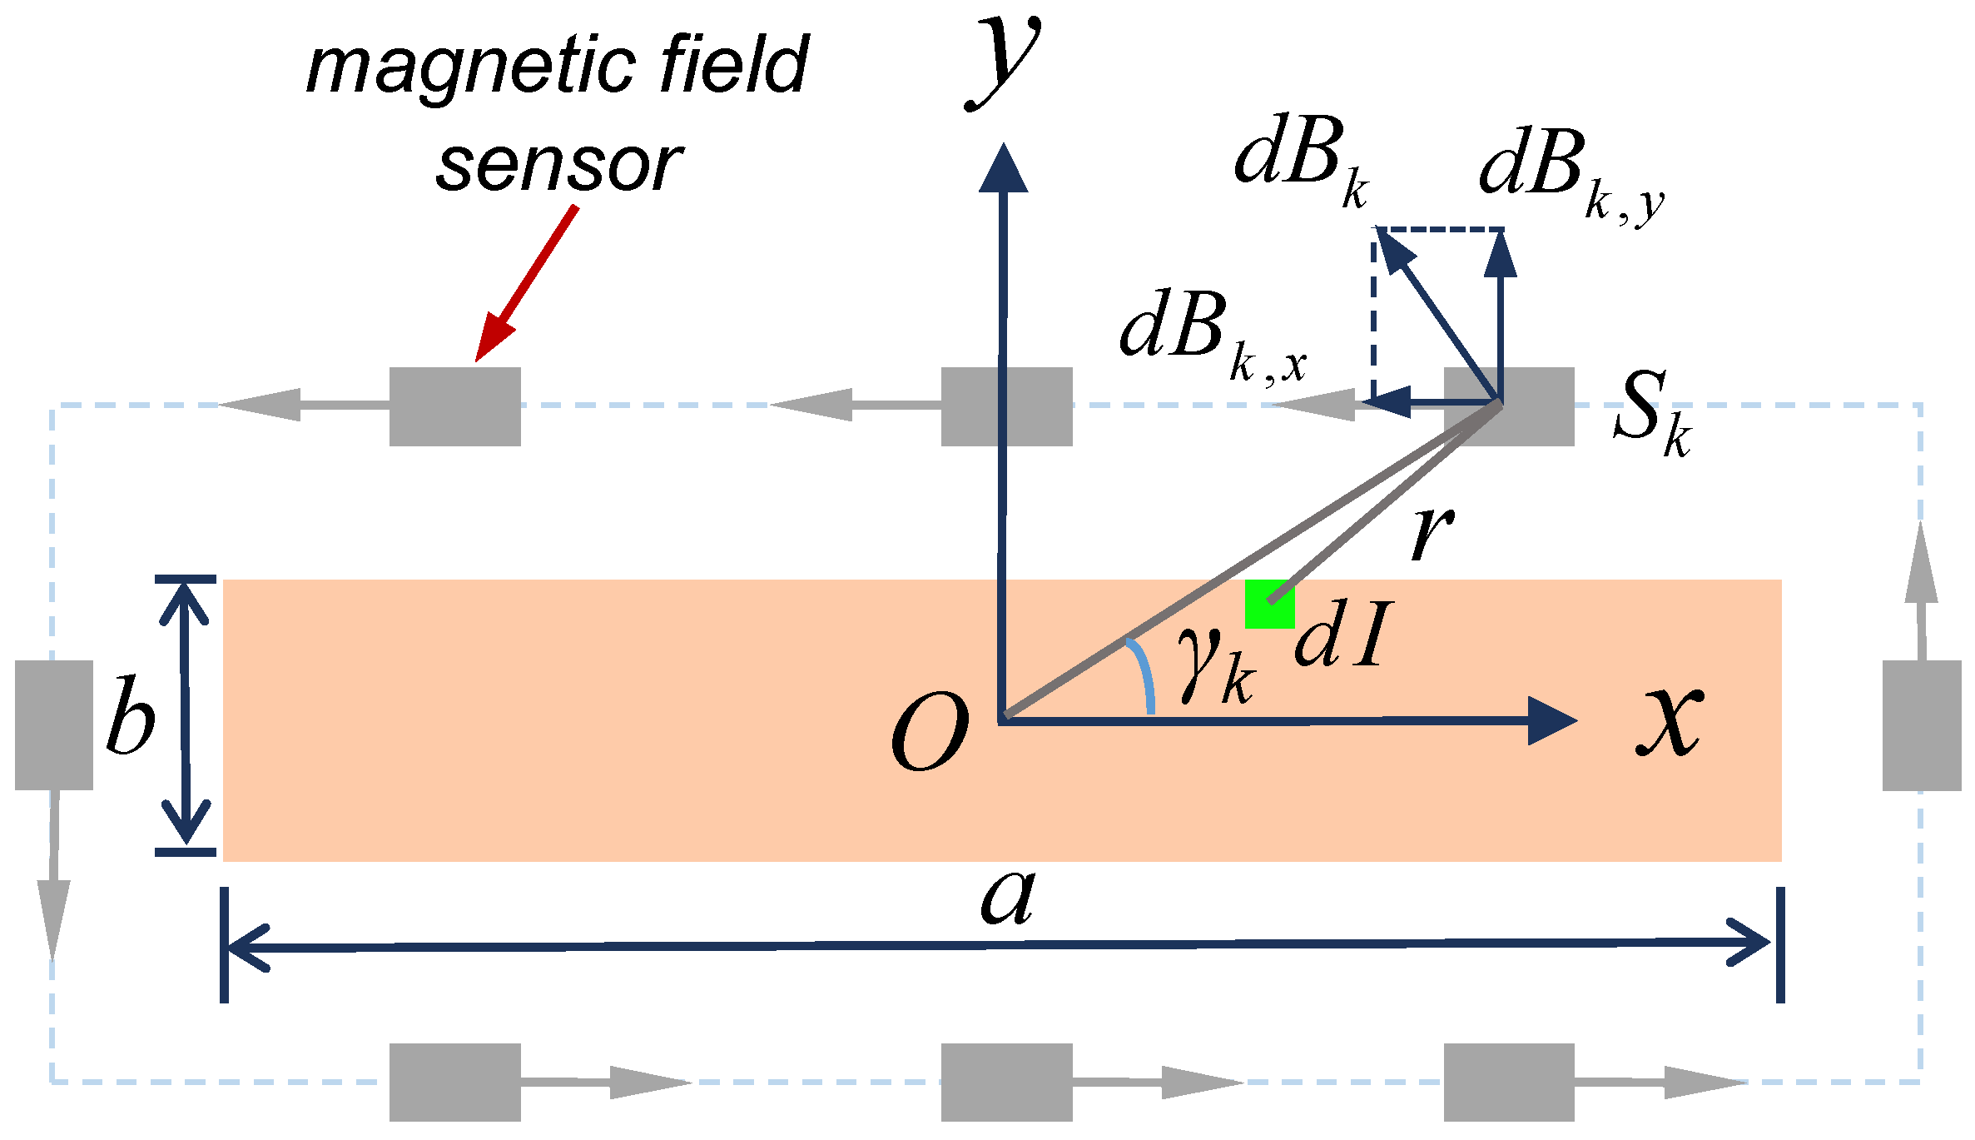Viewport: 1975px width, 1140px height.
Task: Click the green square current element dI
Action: pos(1268,605)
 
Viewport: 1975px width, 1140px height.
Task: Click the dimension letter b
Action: pos(131,715)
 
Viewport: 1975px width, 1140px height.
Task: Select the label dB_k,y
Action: pos(1569,172)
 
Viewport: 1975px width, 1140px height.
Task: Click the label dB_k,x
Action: pos(1211,334)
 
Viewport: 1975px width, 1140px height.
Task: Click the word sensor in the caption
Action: pos(559,166)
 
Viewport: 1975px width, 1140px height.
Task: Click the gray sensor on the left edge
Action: pos(54,724)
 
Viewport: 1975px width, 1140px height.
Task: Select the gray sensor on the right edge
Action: pos(1921,724)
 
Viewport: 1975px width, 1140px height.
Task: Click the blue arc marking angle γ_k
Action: pos(1144,675)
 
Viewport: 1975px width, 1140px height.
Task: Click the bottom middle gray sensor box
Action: pos(1006,1082)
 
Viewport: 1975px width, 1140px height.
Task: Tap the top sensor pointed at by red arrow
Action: pos(455,406)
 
